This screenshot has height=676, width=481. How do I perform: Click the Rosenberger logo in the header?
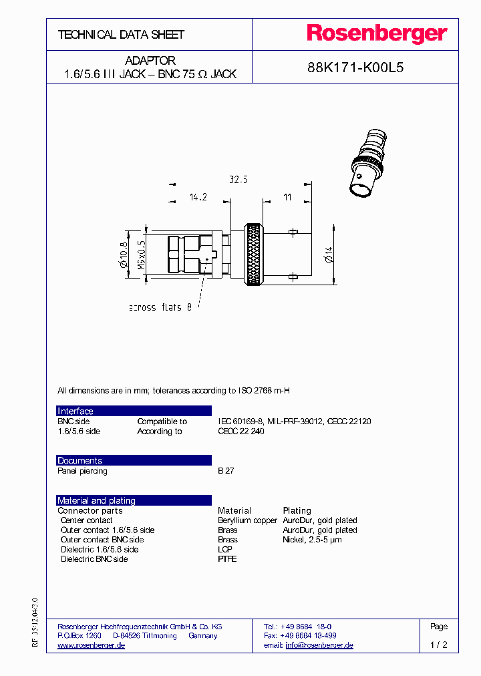377,34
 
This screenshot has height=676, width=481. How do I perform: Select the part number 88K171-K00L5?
355,67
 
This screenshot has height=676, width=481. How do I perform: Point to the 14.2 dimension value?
198,198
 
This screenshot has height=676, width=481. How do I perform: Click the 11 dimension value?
288,198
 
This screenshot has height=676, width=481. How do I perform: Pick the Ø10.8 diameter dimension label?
123,255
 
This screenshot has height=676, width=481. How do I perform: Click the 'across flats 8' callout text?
160,307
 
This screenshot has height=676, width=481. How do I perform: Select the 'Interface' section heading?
75,411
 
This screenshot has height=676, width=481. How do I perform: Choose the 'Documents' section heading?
80,461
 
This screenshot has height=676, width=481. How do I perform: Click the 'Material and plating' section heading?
96,500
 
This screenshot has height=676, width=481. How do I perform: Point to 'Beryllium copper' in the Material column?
247,520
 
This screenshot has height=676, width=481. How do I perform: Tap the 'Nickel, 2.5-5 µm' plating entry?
312,540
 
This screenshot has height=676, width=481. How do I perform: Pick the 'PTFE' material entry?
227,559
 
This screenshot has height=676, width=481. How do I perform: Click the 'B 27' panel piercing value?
225,471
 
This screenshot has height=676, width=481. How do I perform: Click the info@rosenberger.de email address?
319,645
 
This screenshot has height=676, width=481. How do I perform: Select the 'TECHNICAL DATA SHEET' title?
121,35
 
